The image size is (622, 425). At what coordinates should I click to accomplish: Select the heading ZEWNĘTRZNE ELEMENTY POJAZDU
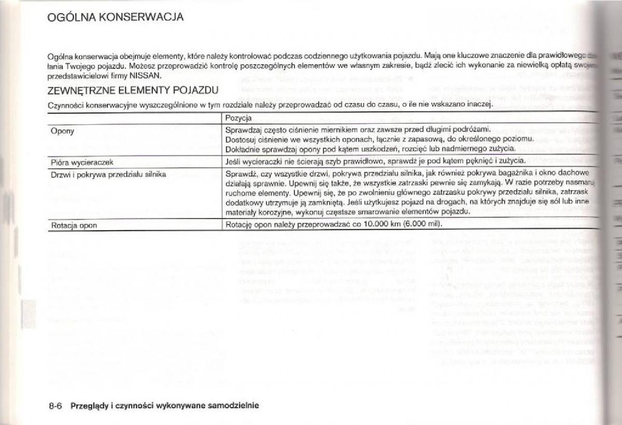pyautogui.click(x=132, y=91)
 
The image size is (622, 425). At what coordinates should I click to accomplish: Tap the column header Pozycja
pyautogui.click(x=238, y=119)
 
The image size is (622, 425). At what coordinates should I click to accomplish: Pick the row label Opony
pyautogui.click(x=62, y=131)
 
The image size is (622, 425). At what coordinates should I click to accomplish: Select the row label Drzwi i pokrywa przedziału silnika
pyautogui.click(x=108, y=174)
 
